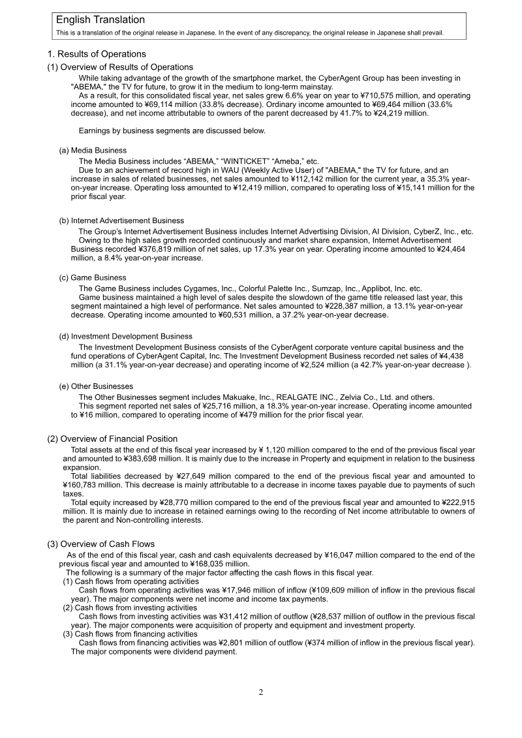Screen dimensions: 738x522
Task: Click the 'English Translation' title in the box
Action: [100, 20]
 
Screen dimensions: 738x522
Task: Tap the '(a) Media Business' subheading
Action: [93, 151]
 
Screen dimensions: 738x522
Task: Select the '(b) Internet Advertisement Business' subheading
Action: [121, 221]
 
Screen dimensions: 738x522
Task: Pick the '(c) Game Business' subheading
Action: [93, 277]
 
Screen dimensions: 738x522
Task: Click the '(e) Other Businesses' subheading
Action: [96, 386]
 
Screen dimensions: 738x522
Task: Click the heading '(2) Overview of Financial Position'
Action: [112, 438]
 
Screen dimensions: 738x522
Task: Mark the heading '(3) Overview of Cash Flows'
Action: [101, 544]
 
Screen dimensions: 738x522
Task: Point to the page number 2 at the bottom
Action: [261, 692]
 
